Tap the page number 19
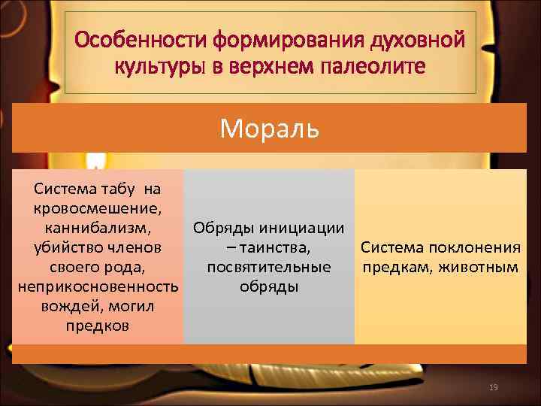[493, 387]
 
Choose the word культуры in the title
[158, 66]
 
